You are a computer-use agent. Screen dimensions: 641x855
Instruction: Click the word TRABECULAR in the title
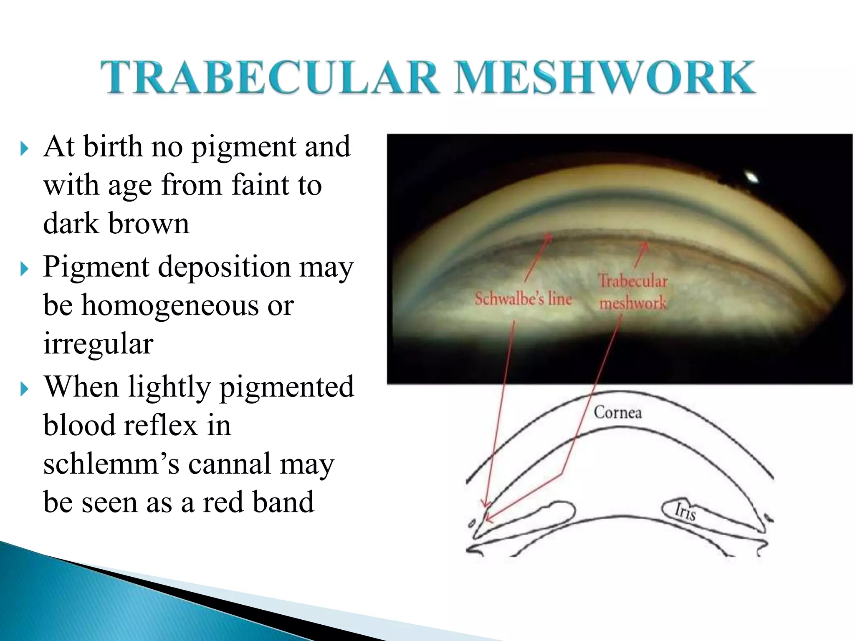pos(270,77)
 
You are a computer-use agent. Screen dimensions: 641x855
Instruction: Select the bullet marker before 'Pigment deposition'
pos(24,269)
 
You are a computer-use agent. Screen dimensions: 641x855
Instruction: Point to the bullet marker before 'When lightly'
pos(24,389)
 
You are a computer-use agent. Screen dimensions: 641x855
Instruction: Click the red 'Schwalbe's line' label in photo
pos(523,299)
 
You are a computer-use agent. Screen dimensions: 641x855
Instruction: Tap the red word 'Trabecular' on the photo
pos(633,281)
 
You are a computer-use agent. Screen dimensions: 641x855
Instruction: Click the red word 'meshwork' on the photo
pos(633,303)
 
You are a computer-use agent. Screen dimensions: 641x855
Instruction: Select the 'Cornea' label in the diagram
pos(618,412)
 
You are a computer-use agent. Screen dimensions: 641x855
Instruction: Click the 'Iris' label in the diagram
pos(685,512)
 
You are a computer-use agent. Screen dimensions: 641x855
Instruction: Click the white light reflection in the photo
pos(752,177)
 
